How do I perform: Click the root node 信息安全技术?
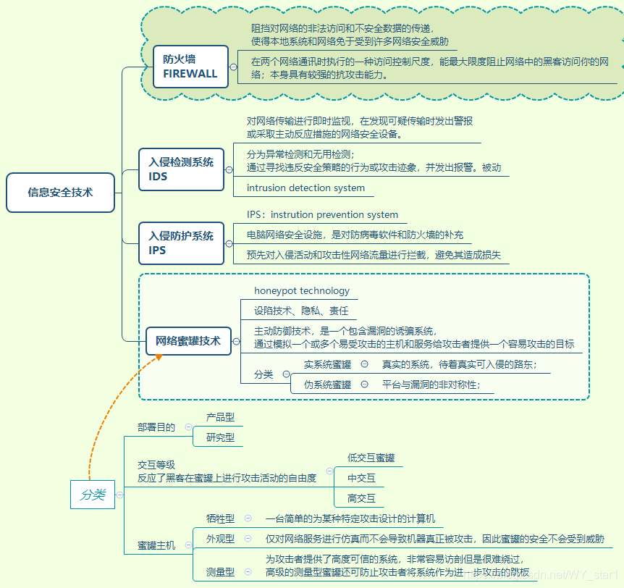[x=61, y=193]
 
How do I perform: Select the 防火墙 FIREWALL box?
[x=190, y=66]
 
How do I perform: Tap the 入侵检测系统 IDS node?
[x=181, y=169]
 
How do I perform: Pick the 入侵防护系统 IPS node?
[x=181, y=243]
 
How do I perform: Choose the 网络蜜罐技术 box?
[x=188, y=340]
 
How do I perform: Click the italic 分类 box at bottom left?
[x=93, y=495]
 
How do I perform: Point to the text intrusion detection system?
[x=305, y=188]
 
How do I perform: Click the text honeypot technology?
[x=301, y=290]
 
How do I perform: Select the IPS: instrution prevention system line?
[x=322, y=214]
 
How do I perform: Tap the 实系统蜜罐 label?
[x=327, y=365]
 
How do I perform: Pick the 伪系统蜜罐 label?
[x=327, y=385]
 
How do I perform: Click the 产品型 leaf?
[x=220, y=417]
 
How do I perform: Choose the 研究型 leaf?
[x=220, y=437]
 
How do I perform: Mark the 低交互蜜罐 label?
[x=371, y=458]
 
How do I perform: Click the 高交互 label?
[x=361, y=498]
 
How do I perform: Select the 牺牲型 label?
[x=220, y=518]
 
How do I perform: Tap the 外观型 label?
[x=220, y=539]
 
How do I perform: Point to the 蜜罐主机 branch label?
[x=156, y=545]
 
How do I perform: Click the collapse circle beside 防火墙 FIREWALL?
[x=233, y=66]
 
